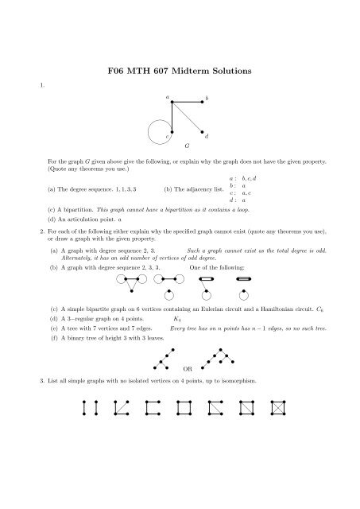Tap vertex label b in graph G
(207, 98)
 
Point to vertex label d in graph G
(207, 139)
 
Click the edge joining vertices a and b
(185, 101)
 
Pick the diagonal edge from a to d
(187, 116)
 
